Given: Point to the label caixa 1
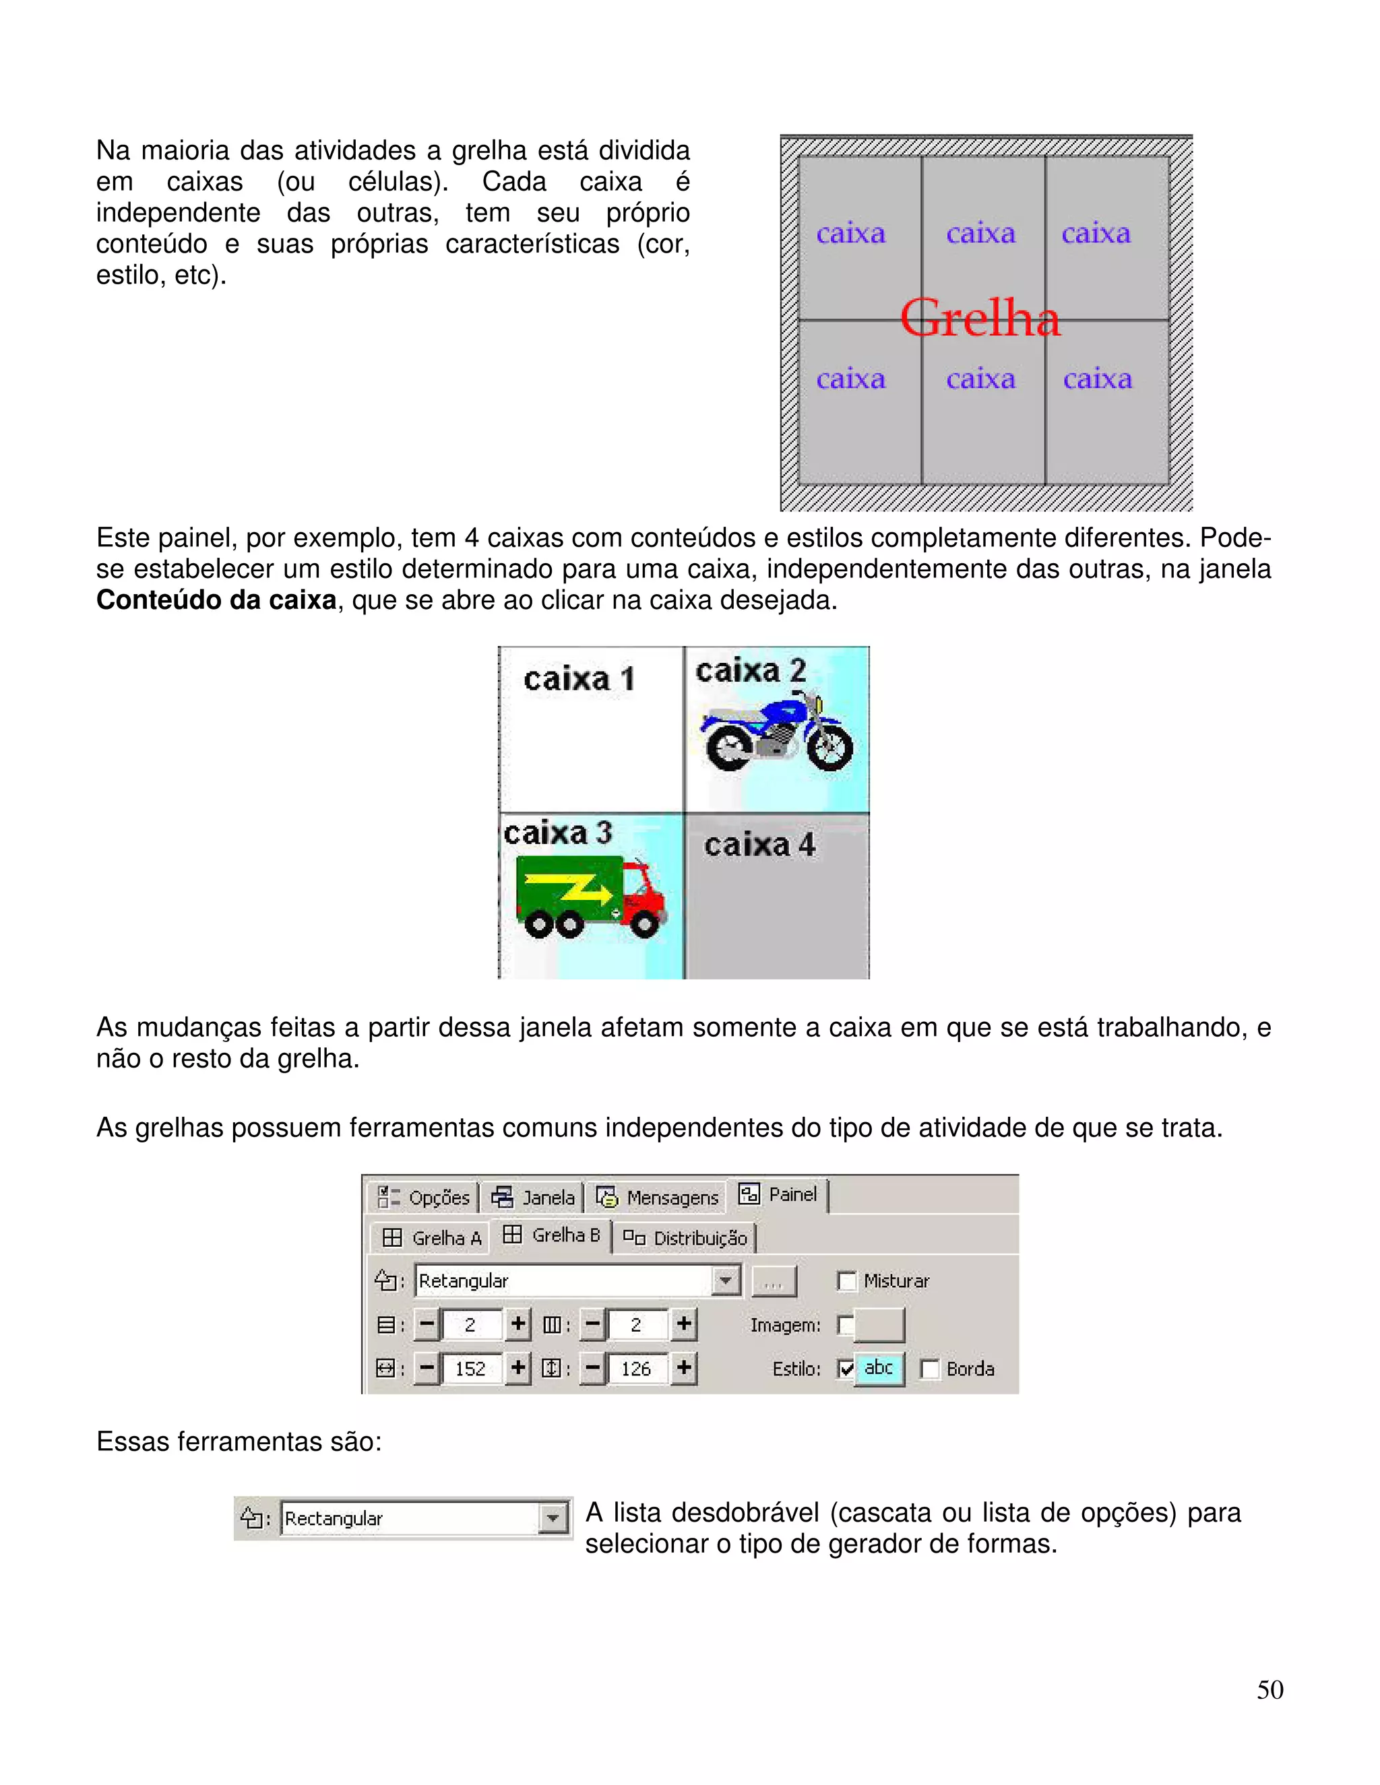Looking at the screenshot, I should click(579, 679).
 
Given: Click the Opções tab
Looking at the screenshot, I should click(425, 1198).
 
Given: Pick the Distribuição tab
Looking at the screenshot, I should click(686, 1237).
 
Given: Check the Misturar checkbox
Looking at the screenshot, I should click(847, 1280).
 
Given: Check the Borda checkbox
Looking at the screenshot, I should click(929, 1369).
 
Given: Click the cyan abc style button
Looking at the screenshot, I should click(879, 1368).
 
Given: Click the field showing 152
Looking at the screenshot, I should click(470, 1369).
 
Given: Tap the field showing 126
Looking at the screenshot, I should click(636, 1369).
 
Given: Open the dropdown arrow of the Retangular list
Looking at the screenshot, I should click(725, 1280).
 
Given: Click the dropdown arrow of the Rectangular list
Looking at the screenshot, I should click(553, 1518).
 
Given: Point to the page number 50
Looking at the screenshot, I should click(1269, 1689).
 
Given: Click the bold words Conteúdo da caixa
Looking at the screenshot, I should click(216, 600).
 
